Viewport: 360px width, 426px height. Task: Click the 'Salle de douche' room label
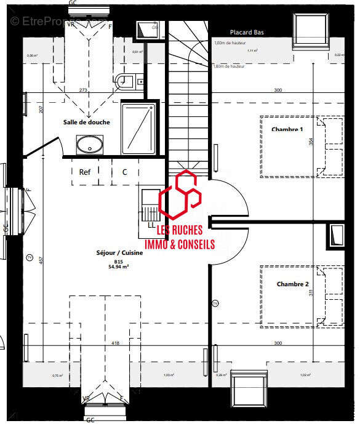pos(87,122)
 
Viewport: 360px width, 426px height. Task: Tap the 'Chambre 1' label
pos(287,129)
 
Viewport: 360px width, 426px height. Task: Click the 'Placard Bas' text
pos(247,32)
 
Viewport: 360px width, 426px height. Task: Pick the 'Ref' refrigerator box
pos(85,172)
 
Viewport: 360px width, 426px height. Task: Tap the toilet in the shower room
pos(127,79)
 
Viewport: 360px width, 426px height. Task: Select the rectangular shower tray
pos(138,127)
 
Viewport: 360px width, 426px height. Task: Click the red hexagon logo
pos(179,193)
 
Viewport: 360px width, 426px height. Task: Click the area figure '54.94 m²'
pos(118,267)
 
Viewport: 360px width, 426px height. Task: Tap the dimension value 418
pos(115,343)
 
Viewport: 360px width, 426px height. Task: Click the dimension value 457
pos(42,260)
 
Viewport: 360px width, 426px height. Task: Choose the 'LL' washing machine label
pos(151,225)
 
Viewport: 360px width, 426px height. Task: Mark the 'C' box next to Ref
pos(124,172)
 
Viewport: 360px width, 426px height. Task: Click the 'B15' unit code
pos(118,261)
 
